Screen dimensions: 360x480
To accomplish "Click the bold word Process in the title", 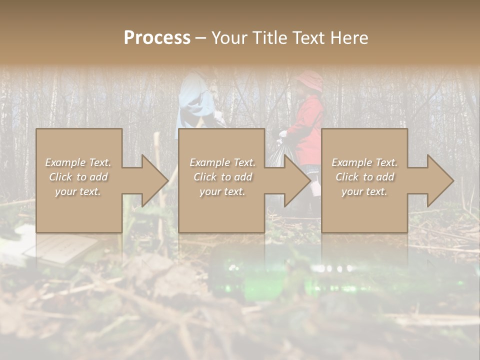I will pos(157,38).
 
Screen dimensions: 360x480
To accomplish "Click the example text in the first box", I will pos(78,177).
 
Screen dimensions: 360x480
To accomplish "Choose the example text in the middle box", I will pos(222,177).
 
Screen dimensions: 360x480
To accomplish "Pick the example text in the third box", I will pos(364,177).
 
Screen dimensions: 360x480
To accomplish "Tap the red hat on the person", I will pos(309,80).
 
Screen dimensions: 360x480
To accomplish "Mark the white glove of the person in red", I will pos(283,134).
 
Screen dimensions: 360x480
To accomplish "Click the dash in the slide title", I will pos(200,38).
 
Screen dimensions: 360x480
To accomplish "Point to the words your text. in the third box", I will pos(364,191).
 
